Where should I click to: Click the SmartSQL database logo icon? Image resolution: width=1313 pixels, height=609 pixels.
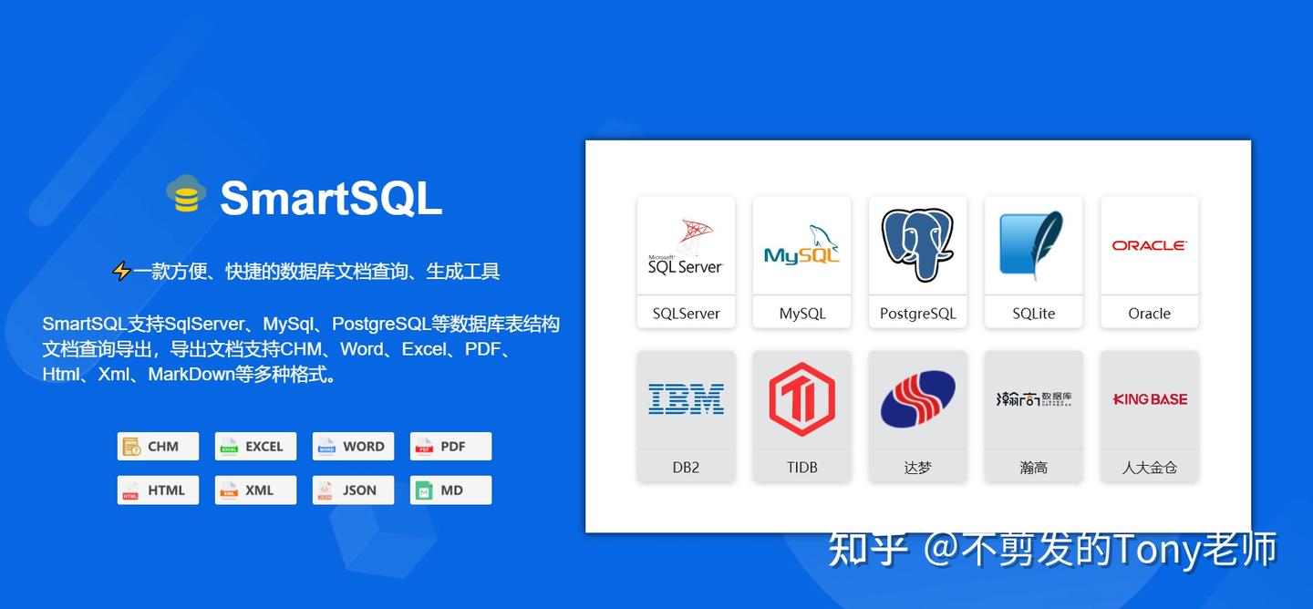point(186,194)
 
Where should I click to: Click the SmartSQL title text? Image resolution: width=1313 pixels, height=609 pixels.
point(330,197)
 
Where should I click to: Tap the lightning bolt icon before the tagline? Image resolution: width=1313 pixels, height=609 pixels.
point(121,271)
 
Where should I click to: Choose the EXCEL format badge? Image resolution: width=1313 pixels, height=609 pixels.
point(255,447)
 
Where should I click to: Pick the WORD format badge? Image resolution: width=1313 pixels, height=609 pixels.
point(353,447)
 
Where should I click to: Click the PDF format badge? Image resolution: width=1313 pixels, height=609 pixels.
point(450,447)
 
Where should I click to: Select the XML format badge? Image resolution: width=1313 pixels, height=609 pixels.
point(255,490)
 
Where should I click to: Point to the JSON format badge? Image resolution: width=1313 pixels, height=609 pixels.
point(353,490)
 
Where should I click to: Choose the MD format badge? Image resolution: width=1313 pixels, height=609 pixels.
point(450,490)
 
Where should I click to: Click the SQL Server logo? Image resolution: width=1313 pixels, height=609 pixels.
point(686,247)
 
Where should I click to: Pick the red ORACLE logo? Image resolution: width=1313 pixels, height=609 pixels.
point(1149,245)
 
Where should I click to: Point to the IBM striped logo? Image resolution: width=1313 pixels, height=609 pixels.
point(686,399)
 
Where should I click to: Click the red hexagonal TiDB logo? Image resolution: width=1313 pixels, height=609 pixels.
point(801,399)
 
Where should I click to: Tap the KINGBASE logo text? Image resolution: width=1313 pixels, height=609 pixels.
point(1149,399)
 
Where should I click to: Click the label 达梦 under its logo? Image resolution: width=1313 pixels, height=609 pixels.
point(917,468)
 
